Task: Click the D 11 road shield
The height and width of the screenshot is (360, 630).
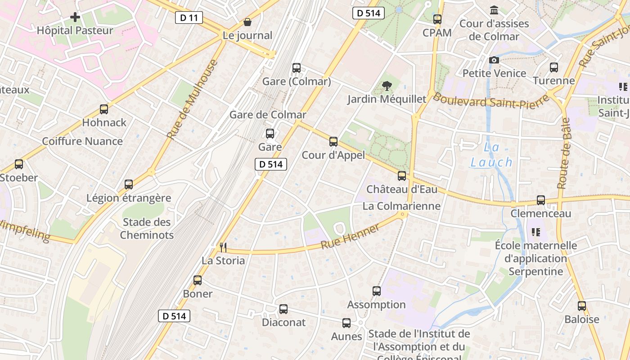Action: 189,18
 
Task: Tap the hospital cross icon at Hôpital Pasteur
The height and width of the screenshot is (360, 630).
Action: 75,18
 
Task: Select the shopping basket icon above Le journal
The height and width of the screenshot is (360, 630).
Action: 247,22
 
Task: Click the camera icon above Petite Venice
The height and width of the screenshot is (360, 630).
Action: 494,60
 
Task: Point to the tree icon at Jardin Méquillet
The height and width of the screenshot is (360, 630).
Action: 386,85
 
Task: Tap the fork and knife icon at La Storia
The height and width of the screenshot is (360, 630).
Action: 223,247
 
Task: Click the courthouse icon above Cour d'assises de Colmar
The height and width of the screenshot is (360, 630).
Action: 494,10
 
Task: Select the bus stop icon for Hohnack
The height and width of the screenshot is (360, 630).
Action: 104,109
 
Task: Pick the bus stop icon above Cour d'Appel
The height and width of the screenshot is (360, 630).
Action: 333,142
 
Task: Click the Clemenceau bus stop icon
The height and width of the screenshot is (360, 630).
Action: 540,200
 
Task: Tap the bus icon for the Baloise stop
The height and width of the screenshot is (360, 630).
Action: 582,306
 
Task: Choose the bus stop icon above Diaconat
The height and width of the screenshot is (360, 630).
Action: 283,309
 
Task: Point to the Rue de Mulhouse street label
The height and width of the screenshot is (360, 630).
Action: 192,99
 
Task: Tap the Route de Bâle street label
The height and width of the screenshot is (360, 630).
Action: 564,153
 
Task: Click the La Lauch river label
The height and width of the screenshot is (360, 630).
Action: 491,155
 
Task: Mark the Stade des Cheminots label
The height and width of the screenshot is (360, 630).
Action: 147,228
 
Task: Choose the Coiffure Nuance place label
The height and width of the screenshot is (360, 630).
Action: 82,141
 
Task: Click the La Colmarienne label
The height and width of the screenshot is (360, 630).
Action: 401,206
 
